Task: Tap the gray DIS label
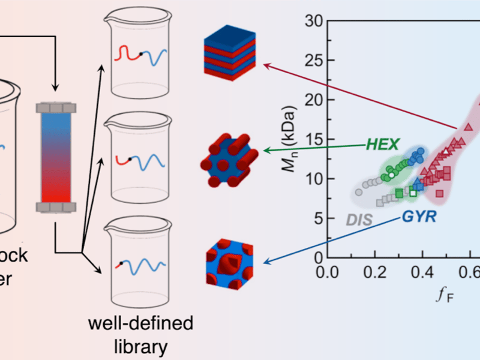359,220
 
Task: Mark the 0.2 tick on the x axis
376,272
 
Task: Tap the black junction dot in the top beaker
141,54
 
